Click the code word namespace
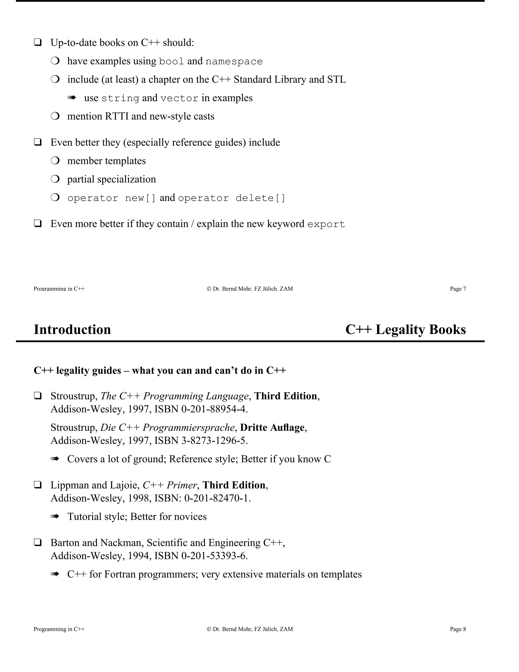coord(234,62)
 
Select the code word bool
coord(171,62)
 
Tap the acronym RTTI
coord(117,116)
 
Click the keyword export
coord(326,224)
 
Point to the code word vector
coord(179,98)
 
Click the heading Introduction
coord(72,330)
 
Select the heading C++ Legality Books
coord(405,330)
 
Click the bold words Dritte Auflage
coord(272,428)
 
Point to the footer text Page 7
coord(458,289)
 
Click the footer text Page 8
coord(458,629)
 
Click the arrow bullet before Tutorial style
coord(55,517)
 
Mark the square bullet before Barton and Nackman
coord(38,542)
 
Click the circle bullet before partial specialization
coord(55,179)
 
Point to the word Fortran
coord(120,574)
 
